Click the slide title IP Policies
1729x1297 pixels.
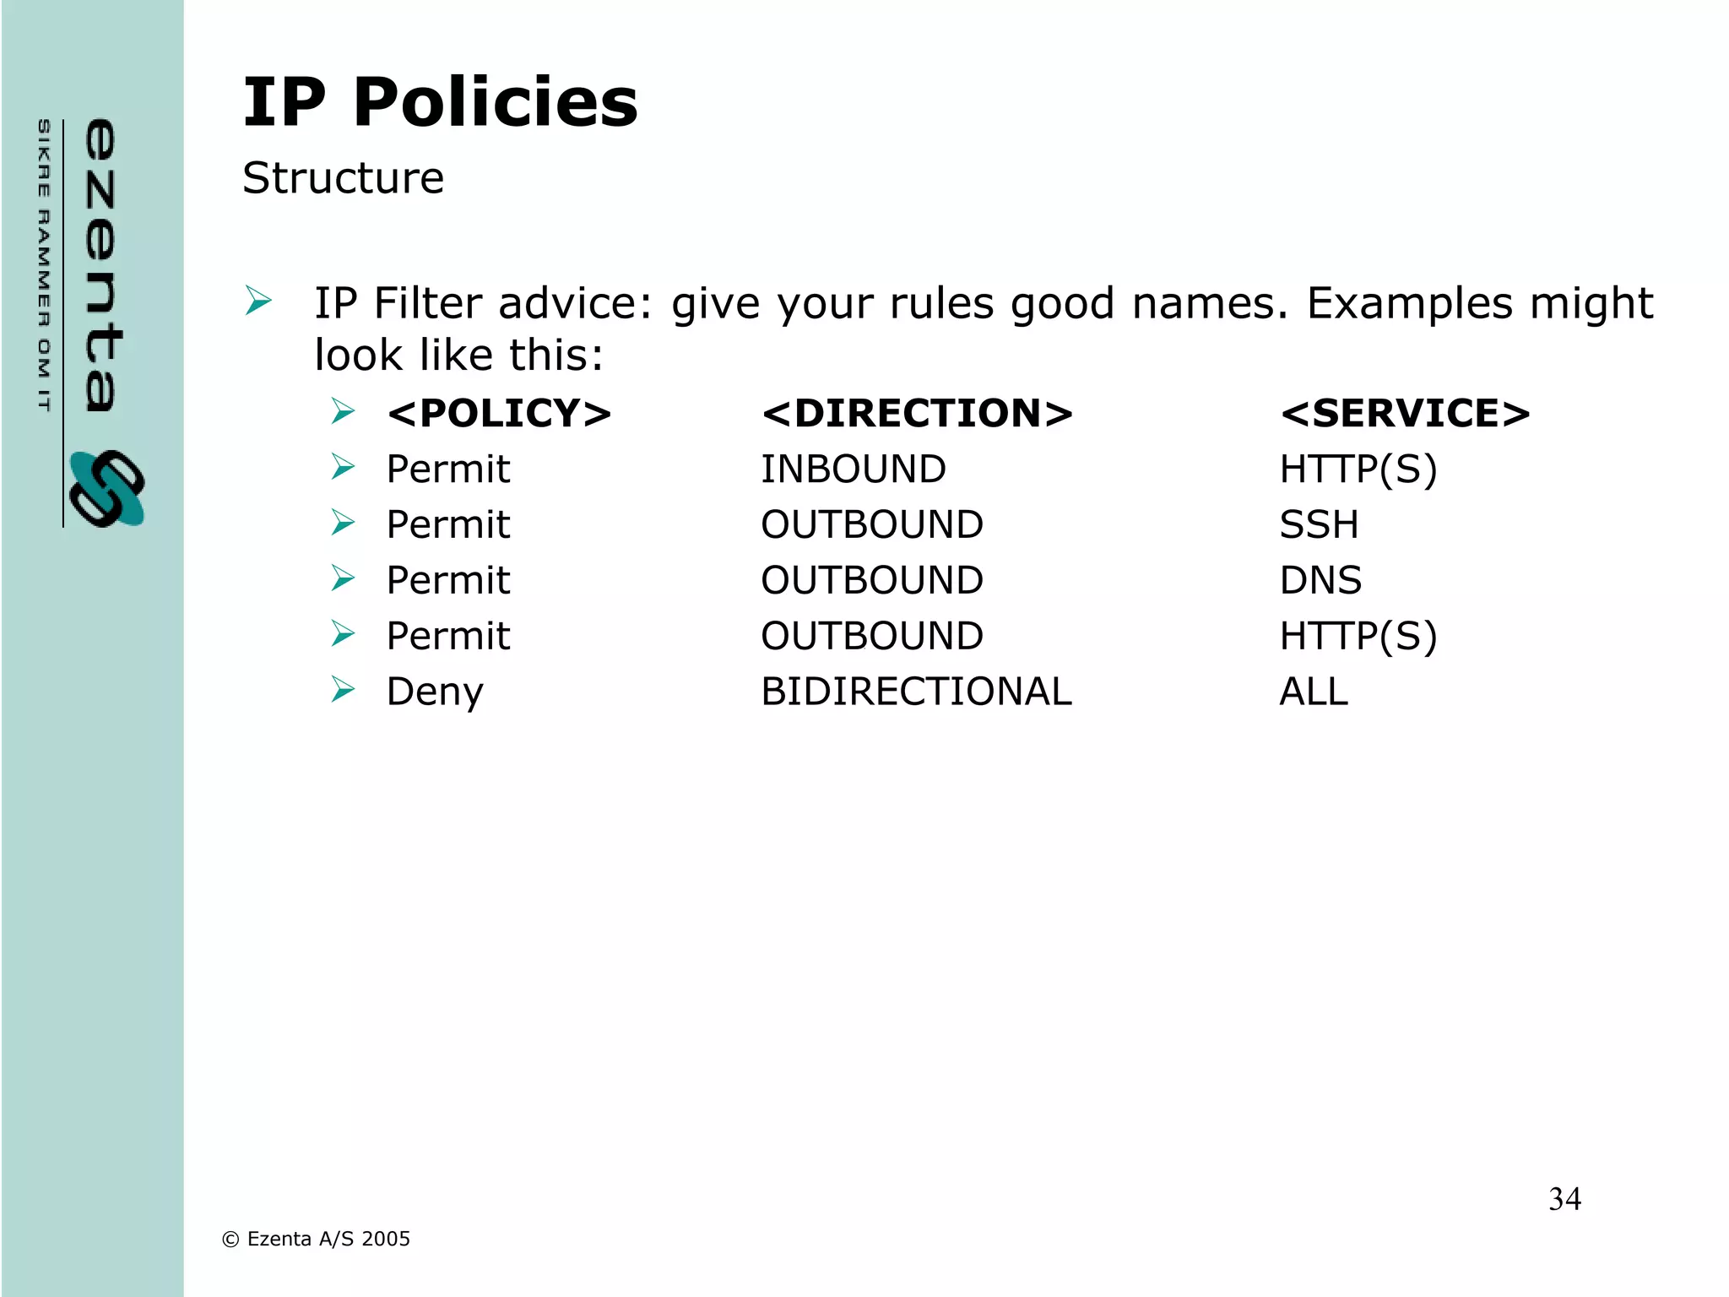[440, 102]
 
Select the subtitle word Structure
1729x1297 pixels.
[343, 178]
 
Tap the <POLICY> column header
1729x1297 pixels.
[499, 414]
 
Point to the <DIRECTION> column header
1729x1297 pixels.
[917, 414]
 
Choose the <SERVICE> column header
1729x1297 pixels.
[1405, 414]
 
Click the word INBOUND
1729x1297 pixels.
[854, 469]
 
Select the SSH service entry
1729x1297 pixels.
[1319, 525]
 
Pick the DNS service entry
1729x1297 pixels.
[1320, 581]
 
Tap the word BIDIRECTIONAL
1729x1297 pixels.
[916, 692]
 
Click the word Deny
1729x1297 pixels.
[435, 692]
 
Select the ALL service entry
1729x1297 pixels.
[1314, 692]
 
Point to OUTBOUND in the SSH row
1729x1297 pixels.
[872, 525]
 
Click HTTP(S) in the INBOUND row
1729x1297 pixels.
[1358, 469]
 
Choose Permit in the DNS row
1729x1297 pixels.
[448, 581]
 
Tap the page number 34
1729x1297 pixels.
[1564, 1199]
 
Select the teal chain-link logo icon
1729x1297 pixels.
[107, 489]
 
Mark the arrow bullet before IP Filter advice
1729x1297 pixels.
[258, 301]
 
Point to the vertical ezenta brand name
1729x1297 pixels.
[101, 265]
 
